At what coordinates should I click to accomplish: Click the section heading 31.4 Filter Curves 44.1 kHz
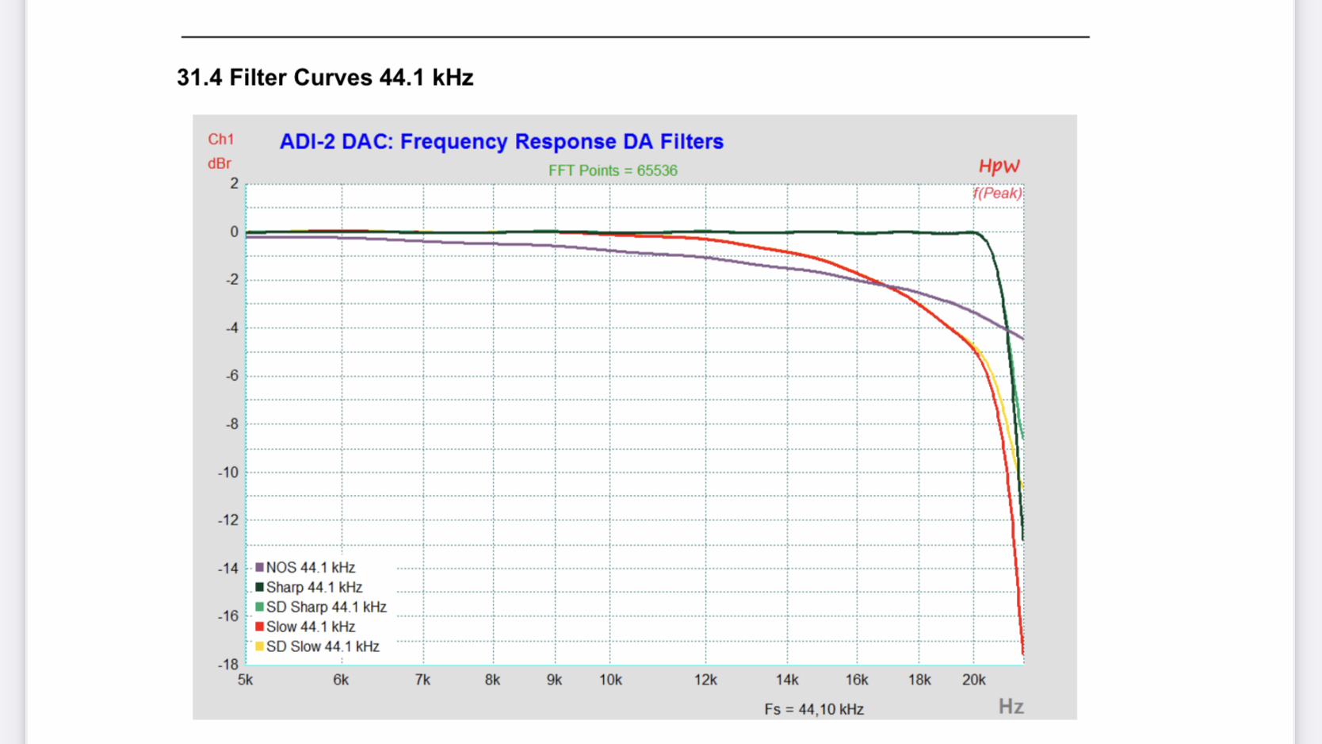pos(325,78)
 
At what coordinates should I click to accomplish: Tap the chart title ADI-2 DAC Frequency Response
pos(501,141)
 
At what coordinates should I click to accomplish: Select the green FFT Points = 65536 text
pos(613,171)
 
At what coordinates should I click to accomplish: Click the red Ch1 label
pos(220,140)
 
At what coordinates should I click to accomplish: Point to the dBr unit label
pos(220,163)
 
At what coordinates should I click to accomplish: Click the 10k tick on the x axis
pos(610,680)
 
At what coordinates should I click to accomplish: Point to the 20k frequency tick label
pos(973,680)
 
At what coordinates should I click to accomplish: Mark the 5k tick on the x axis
pos(246,680)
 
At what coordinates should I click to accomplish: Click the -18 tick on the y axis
pos(228,665)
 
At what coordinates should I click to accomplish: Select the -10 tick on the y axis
pos(228,473)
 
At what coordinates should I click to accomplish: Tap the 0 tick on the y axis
pos(234,232)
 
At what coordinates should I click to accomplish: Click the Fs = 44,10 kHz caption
pos(814,709)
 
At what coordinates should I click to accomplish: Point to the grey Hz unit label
pos(1011,706)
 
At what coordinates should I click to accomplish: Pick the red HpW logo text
pos(999,166)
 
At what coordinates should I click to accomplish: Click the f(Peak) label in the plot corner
pos(998,193)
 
